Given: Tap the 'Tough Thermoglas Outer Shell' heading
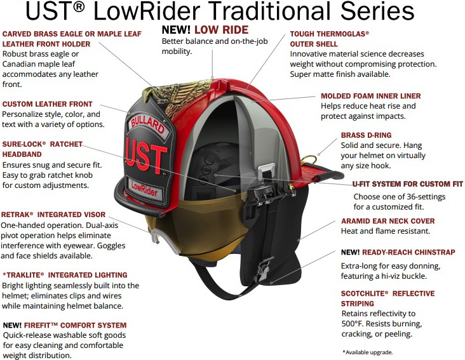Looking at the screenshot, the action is click(x=330, y=39).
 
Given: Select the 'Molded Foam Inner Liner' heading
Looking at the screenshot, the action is click(x=370, y=96).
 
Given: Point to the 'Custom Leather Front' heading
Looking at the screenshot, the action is click(x=48, y=103).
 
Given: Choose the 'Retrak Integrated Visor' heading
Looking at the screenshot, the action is click(x=53, y=215).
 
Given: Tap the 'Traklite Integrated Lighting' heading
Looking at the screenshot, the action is click(x=65, y=275).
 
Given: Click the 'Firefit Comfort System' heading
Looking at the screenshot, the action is click(x=64, y=325).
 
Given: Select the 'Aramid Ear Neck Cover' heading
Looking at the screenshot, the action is click(x=388, y=221).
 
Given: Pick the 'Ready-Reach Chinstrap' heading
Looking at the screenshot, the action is click(x=398, y=252).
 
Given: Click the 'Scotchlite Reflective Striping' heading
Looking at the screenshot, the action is click(x=388, y=298).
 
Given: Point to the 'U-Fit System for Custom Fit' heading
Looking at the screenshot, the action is click(x=408, y=183).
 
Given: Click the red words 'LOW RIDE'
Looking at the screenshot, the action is click(x=221, y=30).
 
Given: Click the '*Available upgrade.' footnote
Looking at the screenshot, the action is click(x=367, y=352).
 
